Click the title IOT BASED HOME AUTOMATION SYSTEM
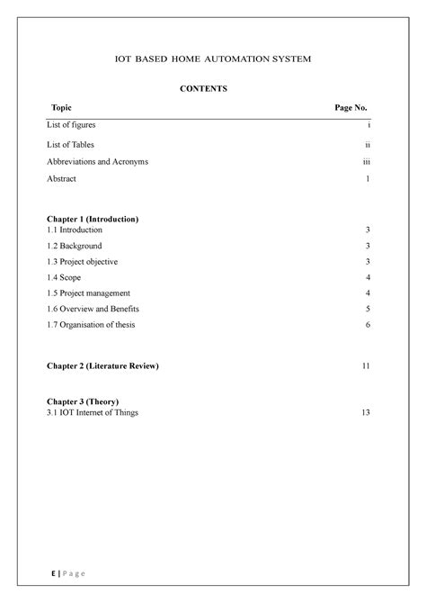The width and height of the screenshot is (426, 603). click(212, 59)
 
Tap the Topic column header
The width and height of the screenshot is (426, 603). click(63, 108)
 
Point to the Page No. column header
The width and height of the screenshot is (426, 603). click(351, 108)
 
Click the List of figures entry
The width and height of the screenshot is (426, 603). click(71, 125)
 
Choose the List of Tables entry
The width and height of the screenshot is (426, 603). click(70, 144)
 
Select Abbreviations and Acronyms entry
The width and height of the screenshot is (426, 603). click(97, 162)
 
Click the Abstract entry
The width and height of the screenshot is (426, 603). click(61, 179)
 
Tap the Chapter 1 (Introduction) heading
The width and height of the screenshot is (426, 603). click(93, 220)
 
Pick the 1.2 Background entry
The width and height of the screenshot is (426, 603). click(75, 246)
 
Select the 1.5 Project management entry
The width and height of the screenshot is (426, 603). click(89, 292)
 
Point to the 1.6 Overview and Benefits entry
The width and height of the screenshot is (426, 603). click(93, 309)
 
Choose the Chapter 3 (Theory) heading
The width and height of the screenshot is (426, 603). click(83, 401)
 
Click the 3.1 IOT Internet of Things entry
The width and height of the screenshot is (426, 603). click(93, 412)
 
